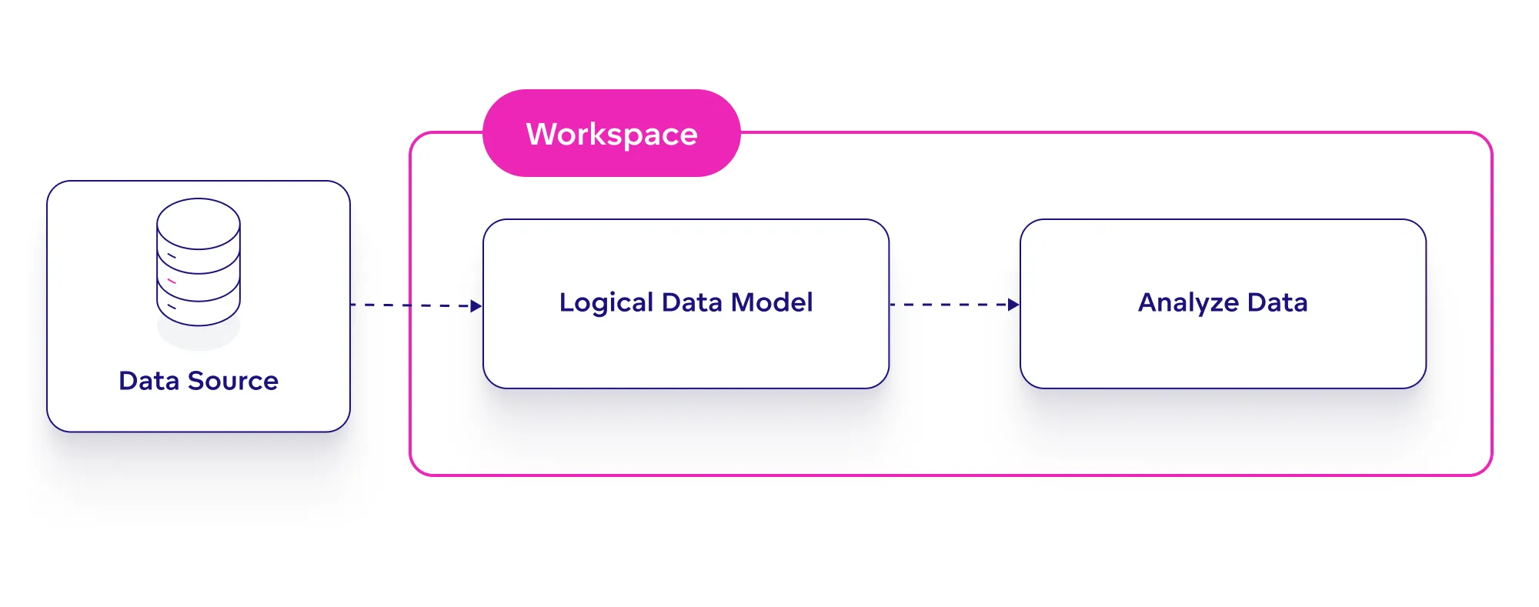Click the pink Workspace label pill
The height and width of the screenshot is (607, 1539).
click(x=611, y=133)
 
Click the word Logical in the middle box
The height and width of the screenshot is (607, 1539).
click(x=606, y=302)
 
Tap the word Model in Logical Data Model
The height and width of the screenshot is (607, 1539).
click(x=772, y=302)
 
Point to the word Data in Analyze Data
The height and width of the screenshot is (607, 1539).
click(x=1277, y=302)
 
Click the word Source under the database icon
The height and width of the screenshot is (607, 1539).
click(x=233, y=381)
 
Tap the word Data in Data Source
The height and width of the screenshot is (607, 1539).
click(x=149, y=381)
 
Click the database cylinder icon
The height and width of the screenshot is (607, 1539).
click(x=199, y=262)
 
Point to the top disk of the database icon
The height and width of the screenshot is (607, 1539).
click(x=199, y=223)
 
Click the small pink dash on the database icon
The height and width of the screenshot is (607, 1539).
click(x=172, y=281)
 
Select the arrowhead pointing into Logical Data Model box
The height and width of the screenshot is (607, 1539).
click(x=476, y=305)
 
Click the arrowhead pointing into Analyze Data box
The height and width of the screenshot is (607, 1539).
click(x=1013, y=305)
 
